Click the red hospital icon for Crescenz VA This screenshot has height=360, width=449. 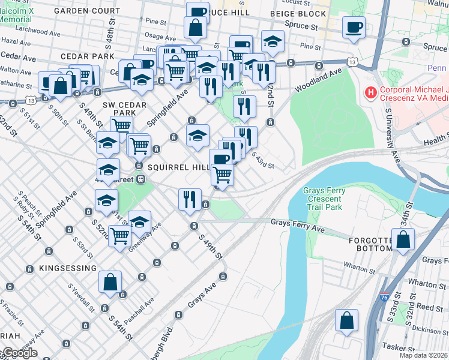(371, 94)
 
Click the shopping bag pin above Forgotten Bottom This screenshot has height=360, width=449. (403, 239)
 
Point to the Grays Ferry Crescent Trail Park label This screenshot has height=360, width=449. (325, 199)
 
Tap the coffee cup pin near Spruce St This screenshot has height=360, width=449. (354, 26)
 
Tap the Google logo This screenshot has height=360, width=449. (19, 353)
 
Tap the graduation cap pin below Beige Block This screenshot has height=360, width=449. (273, 42)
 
